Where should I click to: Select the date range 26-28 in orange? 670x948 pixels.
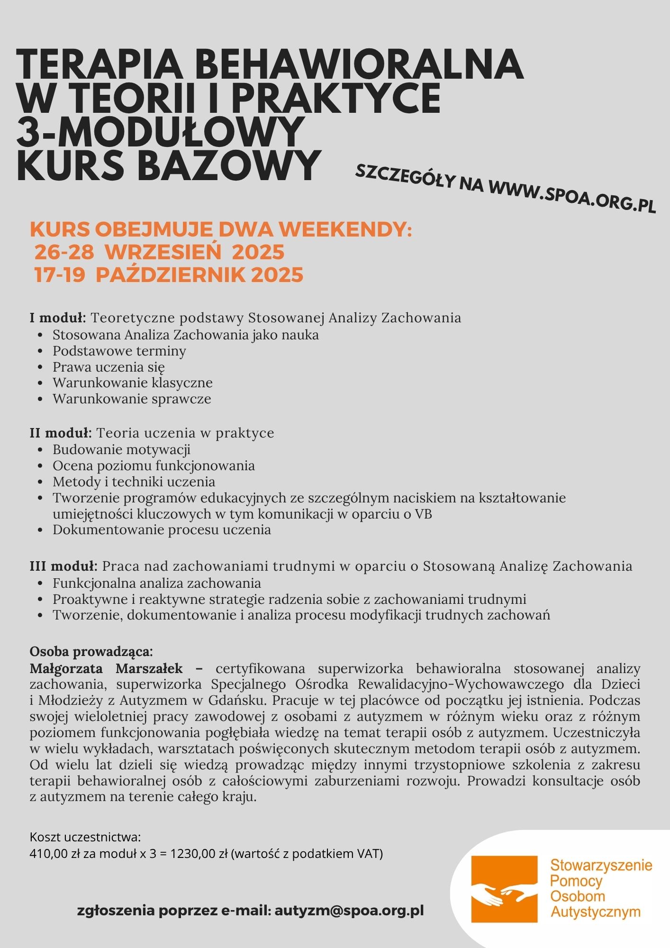pos(64,252)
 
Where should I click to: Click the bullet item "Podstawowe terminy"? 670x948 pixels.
pos(119,351)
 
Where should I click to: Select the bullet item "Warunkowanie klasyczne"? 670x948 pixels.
pos(132,383)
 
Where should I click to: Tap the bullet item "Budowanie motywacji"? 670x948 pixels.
pos(121,449)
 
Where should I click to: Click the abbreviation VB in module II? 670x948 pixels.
pos(423,514)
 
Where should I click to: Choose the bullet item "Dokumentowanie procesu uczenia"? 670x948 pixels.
pos(162,529)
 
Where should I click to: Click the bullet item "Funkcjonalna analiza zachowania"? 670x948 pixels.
pos(156,583)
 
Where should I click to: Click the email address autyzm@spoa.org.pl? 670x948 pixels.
pos(349,911)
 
